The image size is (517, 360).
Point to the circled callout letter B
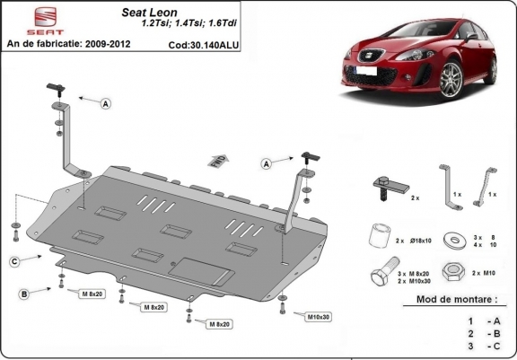click(x=24, y=293)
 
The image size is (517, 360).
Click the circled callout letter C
click(x=15, y=261)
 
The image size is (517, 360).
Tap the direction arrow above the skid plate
click(x=215, y=161)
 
